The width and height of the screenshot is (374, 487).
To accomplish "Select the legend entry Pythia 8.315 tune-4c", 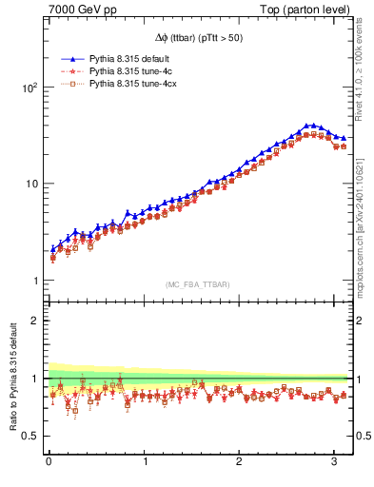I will tap(125, 71).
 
